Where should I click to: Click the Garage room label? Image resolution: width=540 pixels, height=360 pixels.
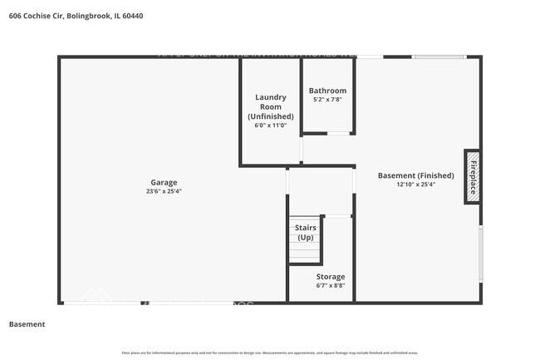pos(164,182)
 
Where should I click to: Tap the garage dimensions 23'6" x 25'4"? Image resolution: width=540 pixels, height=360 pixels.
pos(164,191)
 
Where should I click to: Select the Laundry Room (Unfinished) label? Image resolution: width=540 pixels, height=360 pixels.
pos(270,107)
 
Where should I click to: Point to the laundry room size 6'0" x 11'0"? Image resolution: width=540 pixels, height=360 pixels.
pos(270,126)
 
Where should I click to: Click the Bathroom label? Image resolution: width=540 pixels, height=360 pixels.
pos(327,91)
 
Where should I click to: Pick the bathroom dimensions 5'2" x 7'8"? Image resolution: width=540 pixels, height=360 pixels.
pos(327,100)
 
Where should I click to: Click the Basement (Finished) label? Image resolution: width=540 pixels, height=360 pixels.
pos(415,175)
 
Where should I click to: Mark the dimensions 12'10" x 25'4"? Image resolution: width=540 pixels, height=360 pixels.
pos(415,185)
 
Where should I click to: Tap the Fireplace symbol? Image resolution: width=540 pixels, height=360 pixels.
pos(471,177)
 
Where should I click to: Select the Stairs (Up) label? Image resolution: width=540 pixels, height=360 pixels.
pos(305,232)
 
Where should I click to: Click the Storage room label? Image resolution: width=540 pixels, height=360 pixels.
pos(330,276)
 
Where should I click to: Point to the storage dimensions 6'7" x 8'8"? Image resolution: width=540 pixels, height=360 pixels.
pos(330,285)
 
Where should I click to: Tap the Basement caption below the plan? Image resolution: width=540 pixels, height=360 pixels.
pos(27,323)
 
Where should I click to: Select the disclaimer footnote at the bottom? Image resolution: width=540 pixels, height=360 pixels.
pos(270,352)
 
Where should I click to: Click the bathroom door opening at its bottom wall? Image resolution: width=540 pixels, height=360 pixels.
pos(338,133)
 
